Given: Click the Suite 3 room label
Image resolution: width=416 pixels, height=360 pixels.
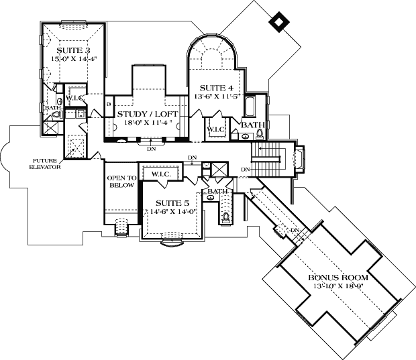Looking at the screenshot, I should click(x=74, y=50).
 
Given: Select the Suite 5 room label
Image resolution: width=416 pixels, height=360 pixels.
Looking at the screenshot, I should click(x=172, y=202).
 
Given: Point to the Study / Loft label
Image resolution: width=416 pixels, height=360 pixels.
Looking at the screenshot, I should click(x=148, y=115).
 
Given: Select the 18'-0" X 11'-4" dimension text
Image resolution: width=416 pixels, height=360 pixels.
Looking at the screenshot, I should click(x=148, y=123).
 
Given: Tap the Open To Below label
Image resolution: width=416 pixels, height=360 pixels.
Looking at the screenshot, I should click(x=121, y=182).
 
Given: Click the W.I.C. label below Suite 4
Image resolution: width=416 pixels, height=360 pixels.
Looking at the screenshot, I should click(x=215, y=129).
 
